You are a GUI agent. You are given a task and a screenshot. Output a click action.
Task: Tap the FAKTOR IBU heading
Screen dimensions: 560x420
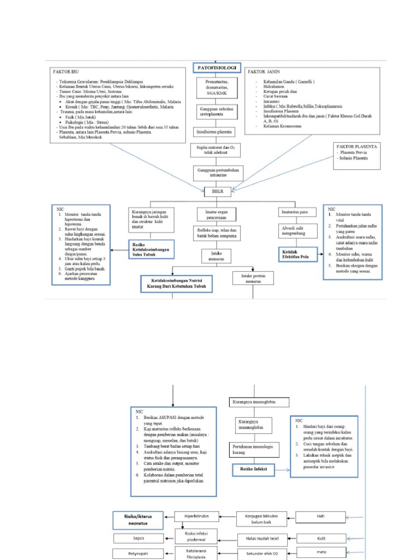pos(68,72)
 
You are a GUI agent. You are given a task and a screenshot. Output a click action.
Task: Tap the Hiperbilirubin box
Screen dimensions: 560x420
pos(194,515)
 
